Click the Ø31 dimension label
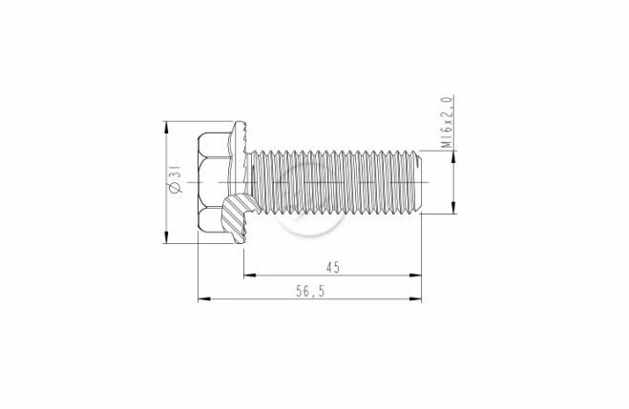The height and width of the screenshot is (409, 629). click(x=176, y=179)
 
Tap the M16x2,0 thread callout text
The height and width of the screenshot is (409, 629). click(x=448, y=122)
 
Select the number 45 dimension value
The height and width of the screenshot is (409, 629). click(x=333, y=267)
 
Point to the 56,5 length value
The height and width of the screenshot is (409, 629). click(x=310, y=291)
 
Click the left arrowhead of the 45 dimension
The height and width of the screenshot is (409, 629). click(x=250, y=276)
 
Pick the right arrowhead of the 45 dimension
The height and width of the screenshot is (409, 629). click(x=415, y=276)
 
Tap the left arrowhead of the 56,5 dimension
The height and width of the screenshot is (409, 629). click(x=204, y=298)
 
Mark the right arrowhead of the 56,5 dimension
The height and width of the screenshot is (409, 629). click(x=415, y=298)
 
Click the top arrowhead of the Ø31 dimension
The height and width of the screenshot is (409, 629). click(x=165, y=128)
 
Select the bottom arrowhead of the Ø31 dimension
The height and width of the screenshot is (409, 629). click(x=165, y=236)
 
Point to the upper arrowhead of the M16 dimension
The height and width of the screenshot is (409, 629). click(x=453, y=157)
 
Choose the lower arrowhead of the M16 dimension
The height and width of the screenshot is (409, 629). click(x=453, y=207)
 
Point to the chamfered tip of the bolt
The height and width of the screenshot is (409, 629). click(x=418, y=182)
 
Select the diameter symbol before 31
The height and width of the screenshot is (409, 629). click(x=176, y=188)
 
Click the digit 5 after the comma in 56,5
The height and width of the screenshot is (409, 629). click(x=321, y=291)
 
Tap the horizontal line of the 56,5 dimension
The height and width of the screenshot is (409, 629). click(x=310, y=298)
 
